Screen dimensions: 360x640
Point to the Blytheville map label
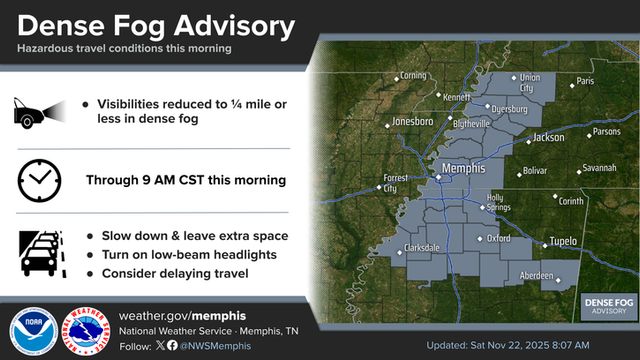(x=471, y=123)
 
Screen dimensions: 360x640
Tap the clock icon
(x=38, y=180)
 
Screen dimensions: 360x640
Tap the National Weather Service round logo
(x=84, y=330)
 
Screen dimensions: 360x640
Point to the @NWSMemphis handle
(x=214, y=346)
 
